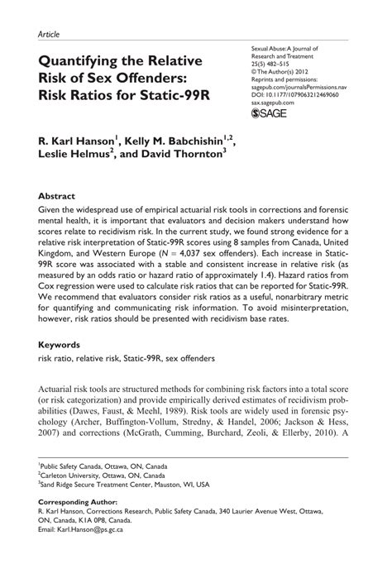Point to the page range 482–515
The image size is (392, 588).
coord(282,65)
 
